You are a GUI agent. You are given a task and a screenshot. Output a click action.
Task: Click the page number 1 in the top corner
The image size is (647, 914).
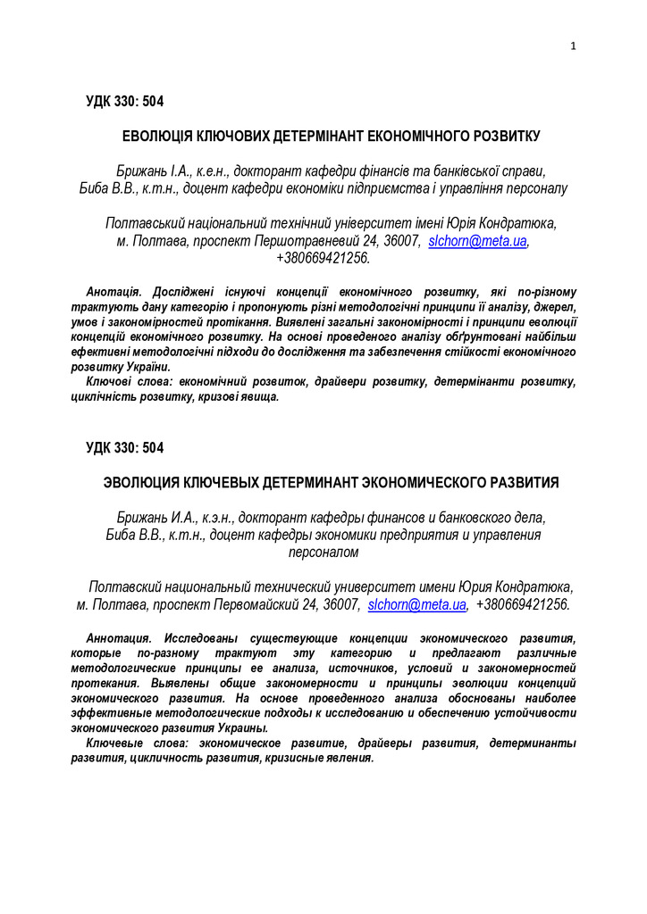tap(573, 46)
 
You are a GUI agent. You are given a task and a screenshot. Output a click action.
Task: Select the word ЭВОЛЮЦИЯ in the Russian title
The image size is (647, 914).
tap(142, 483)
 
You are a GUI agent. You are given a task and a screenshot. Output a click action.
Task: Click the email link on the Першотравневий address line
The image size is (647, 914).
tap(477, 241)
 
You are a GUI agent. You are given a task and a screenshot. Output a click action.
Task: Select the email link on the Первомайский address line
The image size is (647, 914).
tap(417, 604)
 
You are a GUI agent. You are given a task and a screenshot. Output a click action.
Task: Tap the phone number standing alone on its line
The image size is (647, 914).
tap(323, 258)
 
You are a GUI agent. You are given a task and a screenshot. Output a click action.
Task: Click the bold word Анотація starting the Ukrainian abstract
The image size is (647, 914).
tap(113, 293)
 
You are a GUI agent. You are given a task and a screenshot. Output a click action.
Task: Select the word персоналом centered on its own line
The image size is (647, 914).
tap(323, 553)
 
